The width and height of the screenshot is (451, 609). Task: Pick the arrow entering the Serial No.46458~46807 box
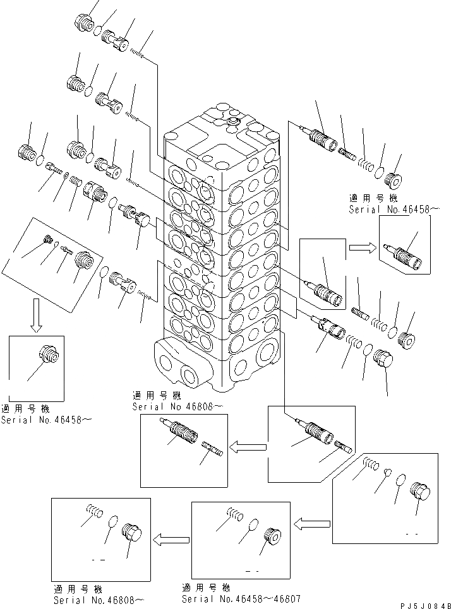(313, 523)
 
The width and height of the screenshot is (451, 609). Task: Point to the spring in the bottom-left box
(94, 510)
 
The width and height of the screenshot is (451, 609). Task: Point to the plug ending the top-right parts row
(393, 180)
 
